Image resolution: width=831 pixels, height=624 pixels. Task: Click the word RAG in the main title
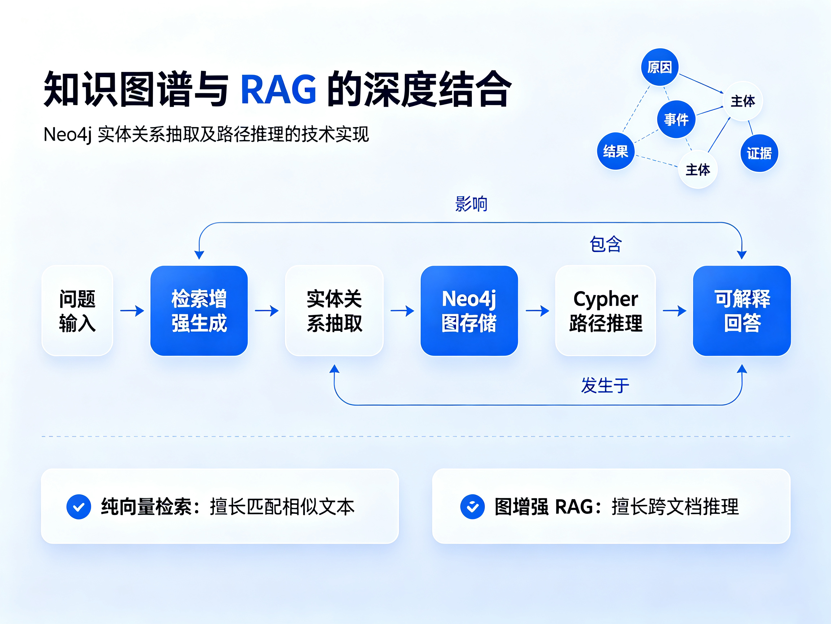[x=278, y=89]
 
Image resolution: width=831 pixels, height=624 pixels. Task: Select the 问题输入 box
[x=77, y=311]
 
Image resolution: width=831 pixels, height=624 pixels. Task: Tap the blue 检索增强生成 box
[x=199, y=311]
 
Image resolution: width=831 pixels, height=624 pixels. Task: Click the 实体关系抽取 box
[x=334, y=311]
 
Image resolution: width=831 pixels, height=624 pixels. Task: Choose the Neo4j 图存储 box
[x=469, y=311]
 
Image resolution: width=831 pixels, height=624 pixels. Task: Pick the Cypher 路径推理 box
[x=606, y=311]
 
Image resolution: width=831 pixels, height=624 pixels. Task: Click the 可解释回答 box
[x=742, y=311]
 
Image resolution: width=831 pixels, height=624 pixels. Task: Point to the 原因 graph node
[x=660, y=67]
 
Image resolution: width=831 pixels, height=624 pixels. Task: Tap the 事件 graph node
[x=676, y=119]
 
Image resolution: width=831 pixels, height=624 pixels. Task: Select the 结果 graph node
[x=616, y=151]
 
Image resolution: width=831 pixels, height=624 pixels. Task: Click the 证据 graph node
[x=759, y=153]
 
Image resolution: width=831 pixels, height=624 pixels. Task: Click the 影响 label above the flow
[x=471, y=204]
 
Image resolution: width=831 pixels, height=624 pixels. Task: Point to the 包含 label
[x=606, y=244]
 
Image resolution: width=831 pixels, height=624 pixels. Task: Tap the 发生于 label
[x=605, y=385]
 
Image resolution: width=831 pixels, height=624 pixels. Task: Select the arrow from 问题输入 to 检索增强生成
[x=132, y=311]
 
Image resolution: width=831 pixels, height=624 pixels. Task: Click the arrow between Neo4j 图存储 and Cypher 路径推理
[x=537, y=311]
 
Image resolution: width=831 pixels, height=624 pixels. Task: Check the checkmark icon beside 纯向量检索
[x=79, y=507]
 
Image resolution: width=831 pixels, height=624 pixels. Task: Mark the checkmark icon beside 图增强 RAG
[x=472, y=507]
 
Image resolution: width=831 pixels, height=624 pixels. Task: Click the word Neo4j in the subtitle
[x=67, y=135]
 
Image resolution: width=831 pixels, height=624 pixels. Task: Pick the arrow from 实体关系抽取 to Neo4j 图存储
[x=403, y=311]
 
